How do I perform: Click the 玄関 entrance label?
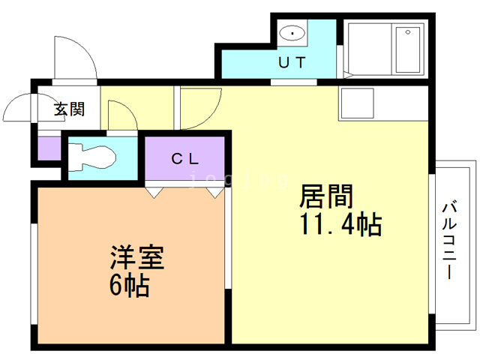point(68,109)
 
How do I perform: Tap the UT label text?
point(292,63)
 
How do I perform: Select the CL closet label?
point(184,158)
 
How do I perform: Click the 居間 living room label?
point(326,197)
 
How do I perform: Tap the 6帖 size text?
point(128,285)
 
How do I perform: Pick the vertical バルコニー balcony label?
point(449,238)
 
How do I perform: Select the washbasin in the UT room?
point(292,34)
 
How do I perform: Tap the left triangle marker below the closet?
point(154,192)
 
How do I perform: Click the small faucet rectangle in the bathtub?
point(409,32)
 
